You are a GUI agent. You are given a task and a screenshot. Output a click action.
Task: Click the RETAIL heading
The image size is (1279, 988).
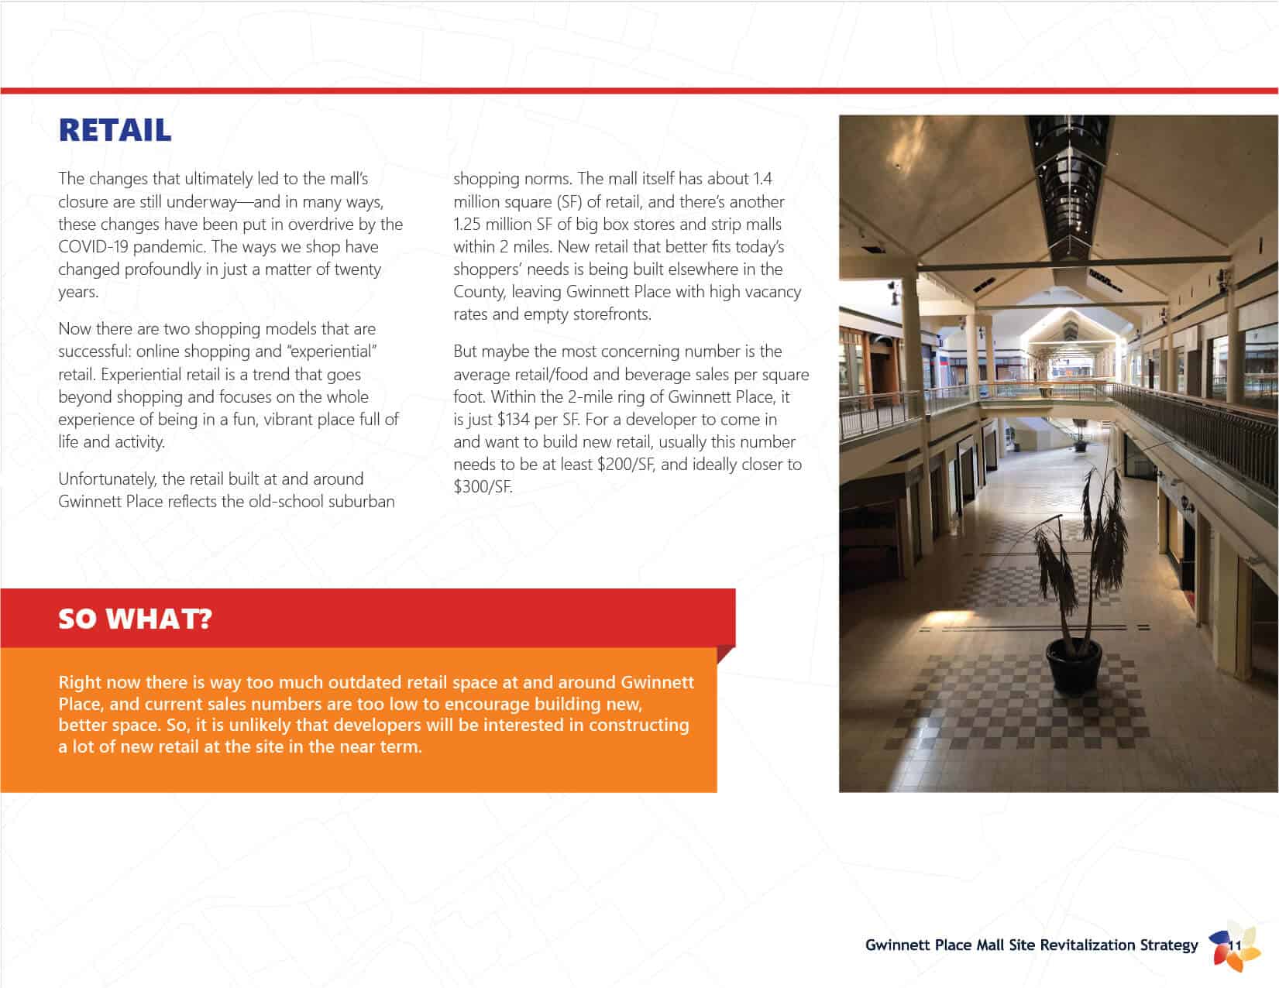click(115, 131)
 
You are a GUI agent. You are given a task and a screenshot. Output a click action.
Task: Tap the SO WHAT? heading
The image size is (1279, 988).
click(135, 619)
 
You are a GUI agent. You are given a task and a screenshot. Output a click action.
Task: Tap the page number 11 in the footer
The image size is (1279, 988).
click(1235, 945)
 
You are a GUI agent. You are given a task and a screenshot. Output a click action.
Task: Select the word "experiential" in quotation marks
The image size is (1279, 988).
click(332, 352)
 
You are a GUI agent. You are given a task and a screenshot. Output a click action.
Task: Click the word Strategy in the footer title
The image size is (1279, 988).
click(1169, 945)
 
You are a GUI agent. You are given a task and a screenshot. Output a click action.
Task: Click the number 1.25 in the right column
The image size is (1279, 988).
click(467, 225)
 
